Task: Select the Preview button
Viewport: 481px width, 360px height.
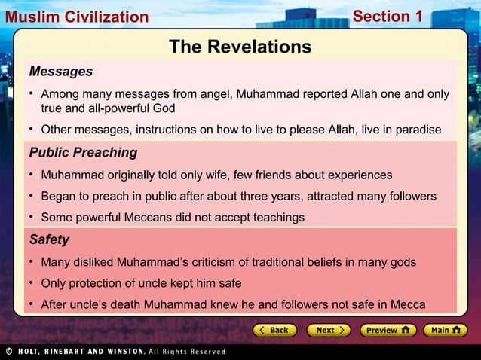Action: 388,330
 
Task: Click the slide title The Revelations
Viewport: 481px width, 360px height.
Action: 240,47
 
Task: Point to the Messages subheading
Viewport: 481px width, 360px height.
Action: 61,72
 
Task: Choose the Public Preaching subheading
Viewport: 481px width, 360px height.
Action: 83,152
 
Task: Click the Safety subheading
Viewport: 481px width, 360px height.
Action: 49,239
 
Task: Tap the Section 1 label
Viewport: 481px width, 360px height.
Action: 388,16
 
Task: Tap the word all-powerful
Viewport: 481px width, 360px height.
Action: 106,108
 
